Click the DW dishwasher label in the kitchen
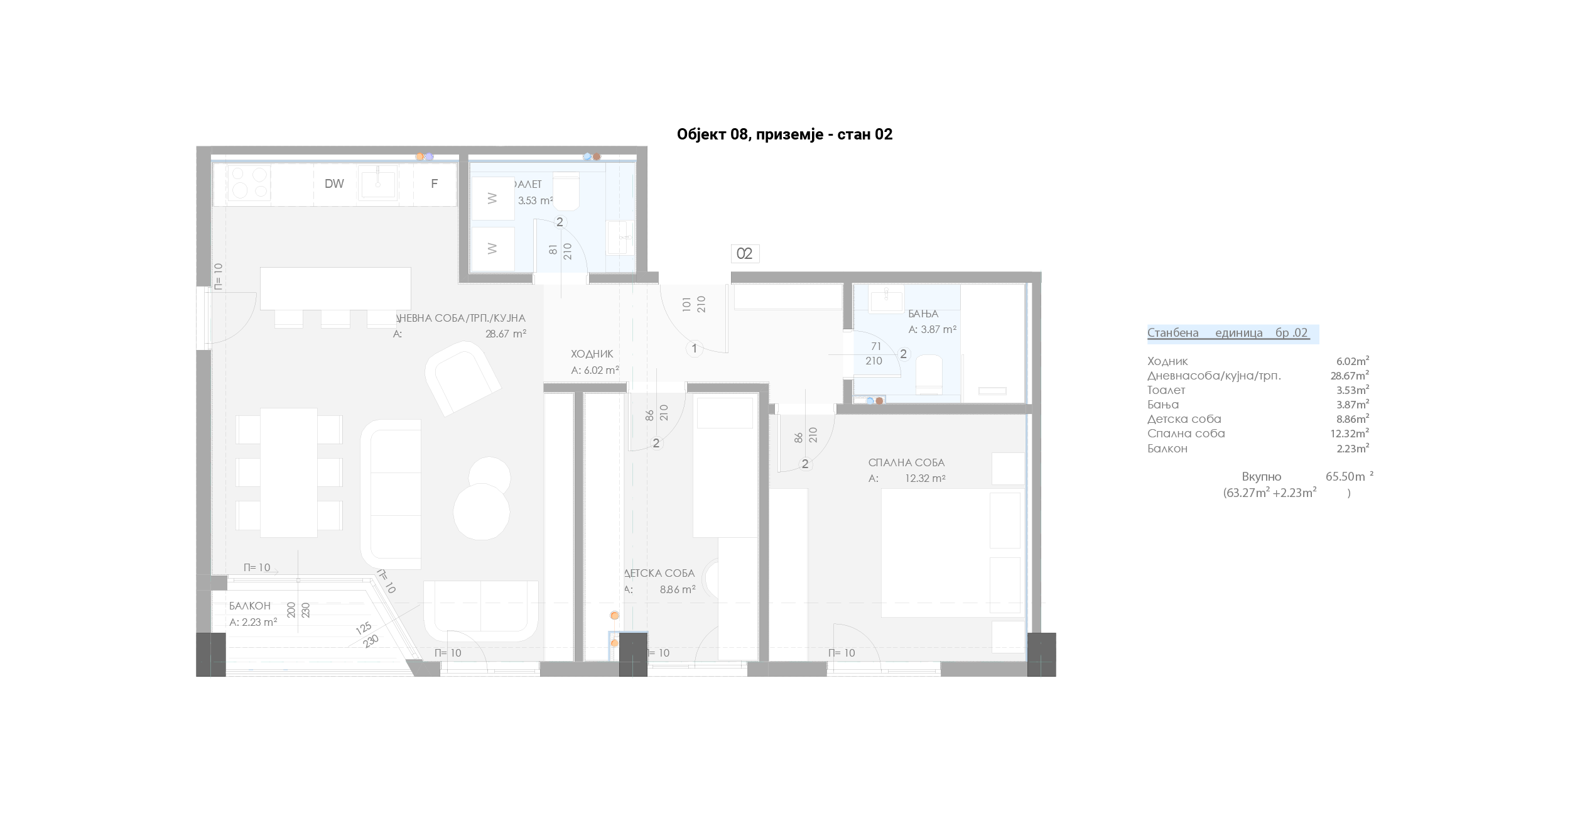point(334,184)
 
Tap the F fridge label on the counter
point(434,184)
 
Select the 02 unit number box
point(745,254)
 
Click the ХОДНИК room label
point(592,354)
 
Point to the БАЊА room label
point(923,314)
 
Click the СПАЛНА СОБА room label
point(906,462)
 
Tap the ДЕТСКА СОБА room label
point(659,573)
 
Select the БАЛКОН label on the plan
point(250,606)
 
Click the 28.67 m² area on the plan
point(506,334)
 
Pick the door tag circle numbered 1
point(695,349)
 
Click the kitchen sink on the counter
point(378,183)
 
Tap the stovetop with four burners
point(249,183)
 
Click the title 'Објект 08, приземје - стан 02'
point(784,134)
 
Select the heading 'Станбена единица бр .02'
point(1228,333)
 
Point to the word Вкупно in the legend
point(1261,477)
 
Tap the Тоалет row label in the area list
point(1166,390)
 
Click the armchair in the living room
point(463,378)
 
